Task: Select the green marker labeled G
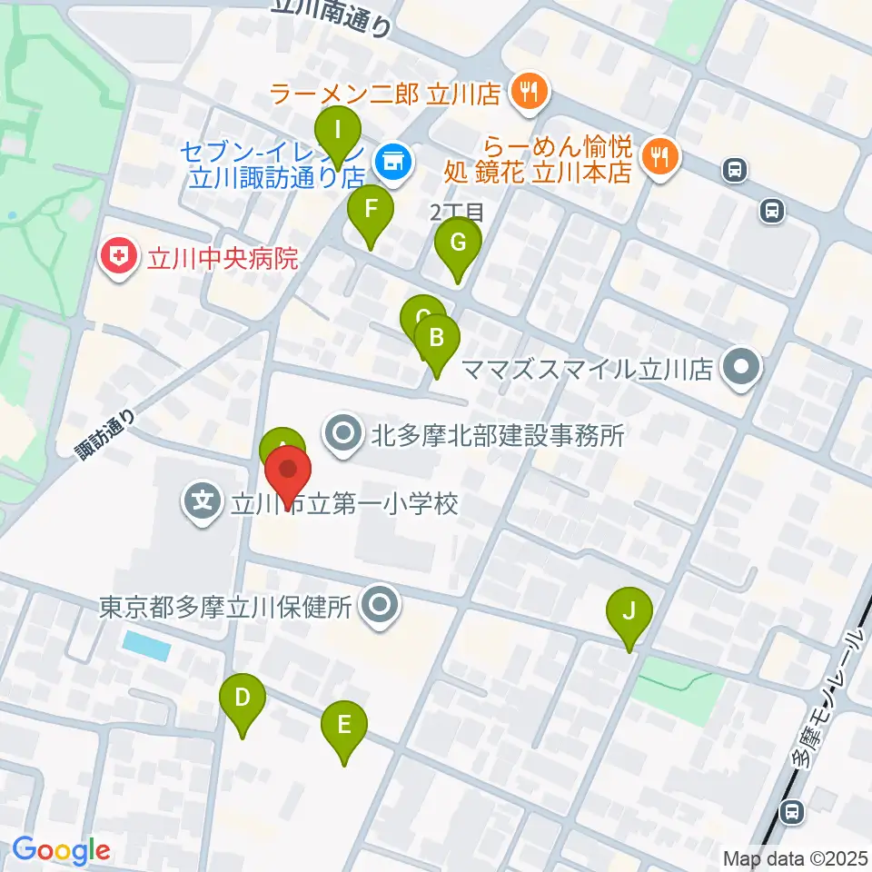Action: pyautogui.click(x=458, y=244)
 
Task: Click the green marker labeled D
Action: pyautogui.click(x=243, y=699)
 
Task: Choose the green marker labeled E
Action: pyautogui.click(x=344, y=727)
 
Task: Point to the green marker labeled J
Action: pyautogui.click(x=629, y=612)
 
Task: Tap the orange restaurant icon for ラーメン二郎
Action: pyautogui.click(x=528, y=91)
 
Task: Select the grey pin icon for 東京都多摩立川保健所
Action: pyautogui.click(x=379, y=605)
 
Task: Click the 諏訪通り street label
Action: pyautogui.click(x=107, y=434)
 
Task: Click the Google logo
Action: pyautogui.click(x=61, y=851)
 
